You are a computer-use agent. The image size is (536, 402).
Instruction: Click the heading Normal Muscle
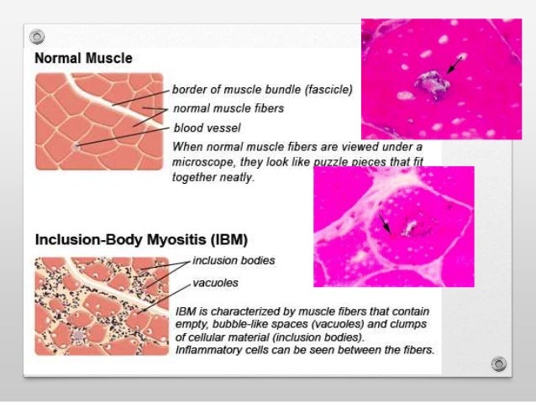coord(83,60)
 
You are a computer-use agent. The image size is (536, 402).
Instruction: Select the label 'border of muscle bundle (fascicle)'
coord(261,88)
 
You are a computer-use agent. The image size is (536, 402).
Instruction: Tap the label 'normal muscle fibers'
coord(228,108)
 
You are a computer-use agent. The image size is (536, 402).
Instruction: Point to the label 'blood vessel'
coord(207,128)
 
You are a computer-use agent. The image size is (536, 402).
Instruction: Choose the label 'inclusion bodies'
coord(234,260)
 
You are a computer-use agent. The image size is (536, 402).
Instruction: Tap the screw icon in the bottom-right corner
coord(500,363)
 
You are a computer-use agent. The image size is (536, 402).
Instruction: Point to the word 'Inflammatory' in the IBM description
coord(210,348)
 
